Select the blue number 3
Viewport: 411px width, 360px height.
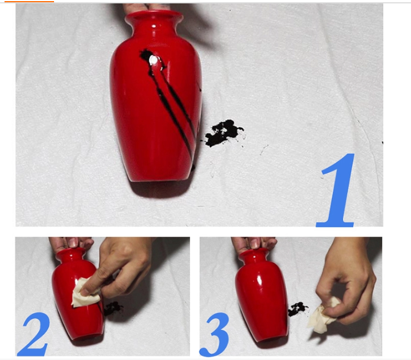pos(215,334)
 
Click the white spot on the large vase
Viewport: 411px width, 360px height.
pos(153,61)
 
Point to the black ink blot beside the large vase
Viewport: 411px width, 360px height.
pos(224,133)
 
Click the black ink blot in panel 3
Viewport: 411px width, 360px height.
pos(297,309)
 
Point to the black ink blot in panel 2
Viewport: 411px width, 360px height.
pos(113,308)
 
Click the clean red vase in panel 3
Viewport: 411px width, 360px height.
pos(260,295)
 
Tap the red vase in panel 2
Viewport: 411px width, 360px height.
pos(77,295)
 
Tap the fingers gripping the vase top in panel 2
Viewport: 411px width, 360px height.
pos(72,243)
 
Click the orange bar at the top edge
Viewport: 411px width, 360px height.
pos(29,1)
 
